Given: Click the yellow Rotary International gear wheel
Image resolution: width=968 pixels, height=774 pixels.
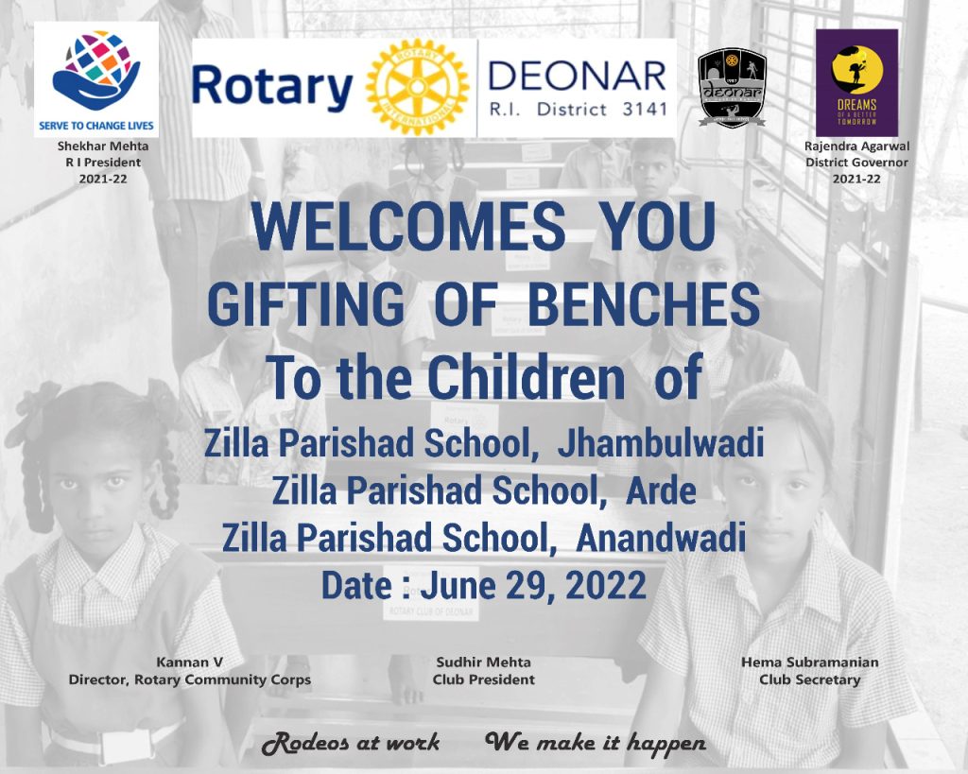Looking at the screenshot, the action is [417, 88].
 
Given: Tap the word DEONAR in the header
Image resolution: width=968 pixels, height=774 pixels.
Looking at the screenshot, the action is [578, 77].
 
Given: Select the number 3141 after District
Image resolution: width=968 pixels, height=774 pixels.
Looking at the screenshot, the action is [645, 110].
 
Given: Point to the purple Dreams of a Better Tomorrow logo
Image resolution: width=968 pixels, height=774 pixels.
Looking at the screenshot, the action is [856, 83].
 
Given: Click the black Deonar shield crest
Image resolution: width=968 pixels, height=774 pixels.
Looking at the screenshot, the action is [733, 88].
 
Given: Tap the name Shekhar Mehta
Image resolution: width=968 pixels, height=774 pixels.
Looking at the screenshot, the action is [103, 146].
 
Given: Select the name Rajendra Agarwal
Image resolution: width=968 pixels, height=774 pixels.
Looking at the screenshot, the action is [856, 146].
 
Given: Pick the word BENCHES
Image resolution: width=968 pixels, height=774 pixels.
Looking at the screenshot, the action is [644, 304].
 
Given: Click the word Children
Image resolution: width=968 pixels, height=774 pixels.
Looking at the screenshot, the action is [527, 377].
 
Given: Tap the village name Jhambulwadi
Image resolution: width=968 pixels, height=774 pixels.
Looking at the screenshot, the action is [660, 444].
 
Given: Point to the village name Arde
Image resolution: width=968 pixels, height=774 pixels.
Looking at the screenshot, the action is [661, 490].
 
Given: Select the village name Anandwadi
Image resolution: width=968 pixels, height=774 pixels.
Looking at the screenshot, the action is [661, 537].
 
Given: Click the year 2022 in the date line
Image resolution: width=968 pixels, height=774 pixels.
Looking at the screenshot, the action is [606, 585].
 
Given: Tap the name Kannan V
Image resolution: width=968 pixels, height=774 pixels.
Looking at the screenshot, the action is [189, 662].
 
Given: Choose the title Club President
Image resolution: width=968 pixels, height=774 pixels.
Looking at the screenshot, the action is [483, 679].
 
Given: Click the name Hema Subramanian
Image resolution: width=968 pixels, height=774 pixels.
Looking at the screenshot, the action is [809, 662].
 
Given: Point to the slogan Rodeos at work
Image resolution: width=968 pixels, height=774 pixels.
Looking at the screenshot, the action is [351, 743].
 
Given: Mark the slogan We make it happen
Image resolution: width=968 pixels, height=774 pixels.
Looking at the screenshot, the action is [596, 743].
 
